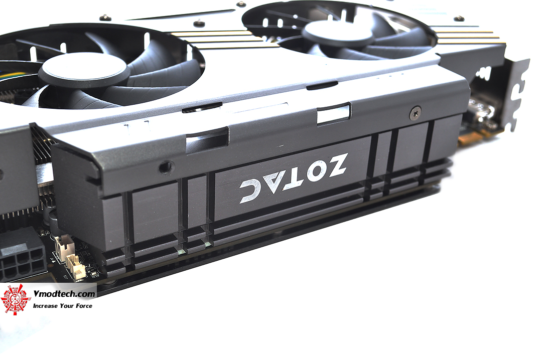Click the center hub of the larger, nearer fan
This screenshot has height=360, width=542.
point(82,70)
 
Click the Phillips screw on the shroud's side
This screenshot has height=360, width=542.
point(415,113)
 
